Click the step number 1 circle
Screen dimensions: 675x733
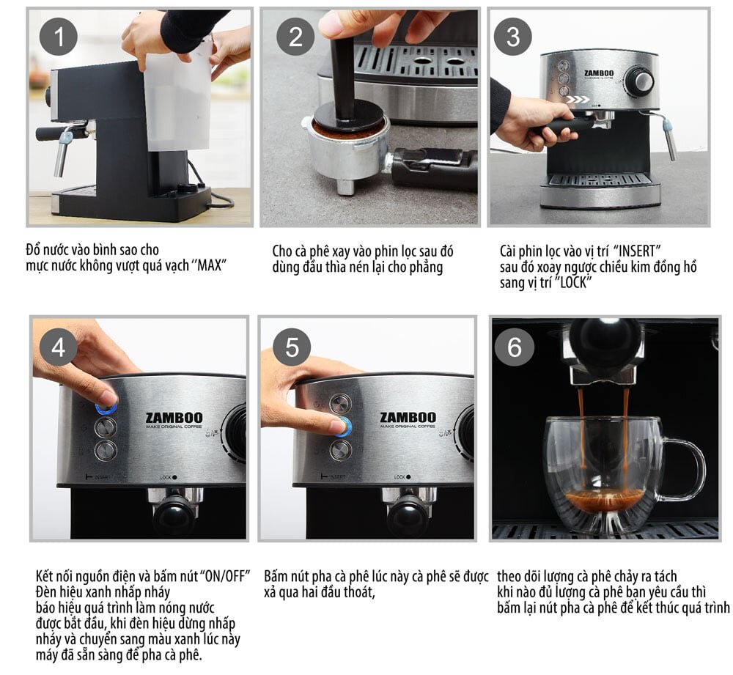[x=58, y=37]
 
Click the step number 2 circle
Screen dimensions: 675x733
[x=295, y=37]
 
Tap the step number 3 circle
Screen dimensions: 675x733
[x=513, y=37]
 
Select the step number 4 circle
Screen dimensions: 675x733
[x=58, y=347]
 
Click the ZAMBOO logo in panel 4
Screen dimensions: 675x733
[x=173, y=418]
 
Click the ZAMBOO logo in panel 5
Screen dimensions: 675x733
[x=408, y=418]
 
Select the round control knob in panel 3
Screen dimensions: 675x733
[x=642, y=81]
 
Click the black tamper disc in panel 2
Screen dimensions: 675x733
[x=348, y=116]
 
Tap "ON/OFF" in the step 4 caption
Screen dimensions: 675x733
[x=226, y=573]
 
